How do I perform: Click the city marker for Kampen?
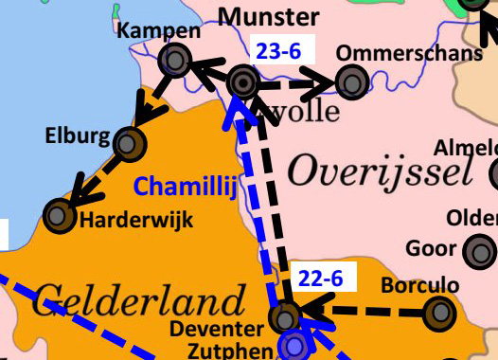tap(174, 62)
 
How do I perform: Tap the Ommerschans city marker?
tap(352, 82)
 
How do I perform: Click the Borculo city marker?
tap(438, 313)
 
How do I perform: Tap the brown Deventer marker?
tap(284, 316)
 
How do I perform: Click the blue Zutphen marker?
tap(295, 347)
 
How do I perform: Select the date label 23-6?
tap(278, 52)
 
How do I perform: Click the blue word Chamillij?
tap(185, 186)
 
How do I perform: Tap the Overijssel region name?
tap(379, 171)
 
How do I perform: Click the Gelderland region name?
tap(138, 303)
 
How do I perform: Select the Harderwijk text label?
tap(136, 221)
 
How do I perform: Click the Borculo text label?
tap(418, 284)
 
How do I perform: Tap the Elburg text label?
tap(78, 135)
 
